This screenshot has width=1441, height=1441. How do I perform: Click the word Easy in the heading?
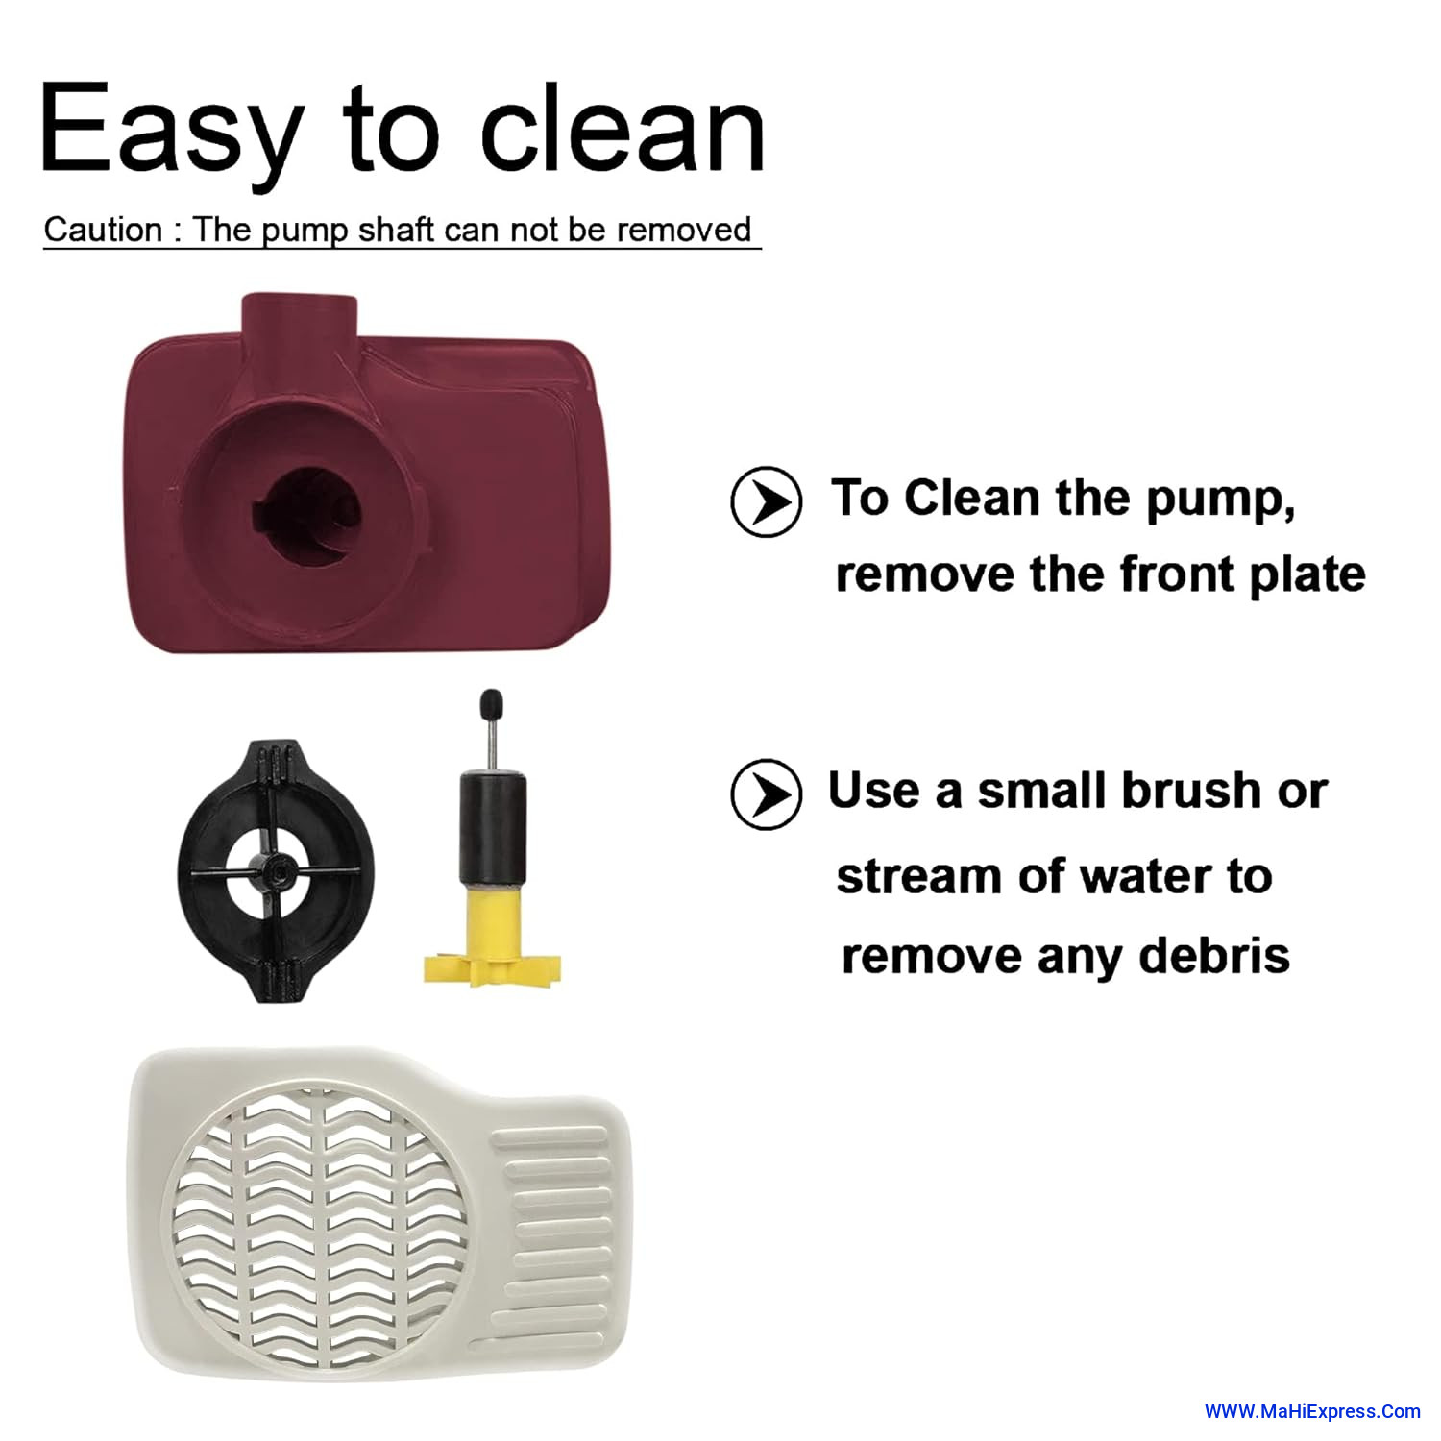(x=172, y=131)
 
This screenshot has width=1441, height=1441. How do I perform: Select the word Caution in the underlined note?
(x=103, y=230)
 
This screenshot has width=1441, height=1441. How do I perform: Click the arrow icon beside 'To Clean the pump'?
(x=766, y=501)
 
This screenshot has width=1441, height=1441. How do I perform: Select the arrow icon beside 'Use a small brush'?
(x=766, y=794)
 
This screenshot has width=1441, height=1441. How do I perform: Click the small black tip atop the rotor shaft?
(x=491, y=702)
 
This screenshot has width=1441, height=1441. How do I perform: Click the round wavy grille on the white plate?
(x=315, y=1229)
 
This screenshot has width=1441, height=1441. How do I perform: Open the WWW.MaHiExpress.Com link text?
(x=1312, y=1411)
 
